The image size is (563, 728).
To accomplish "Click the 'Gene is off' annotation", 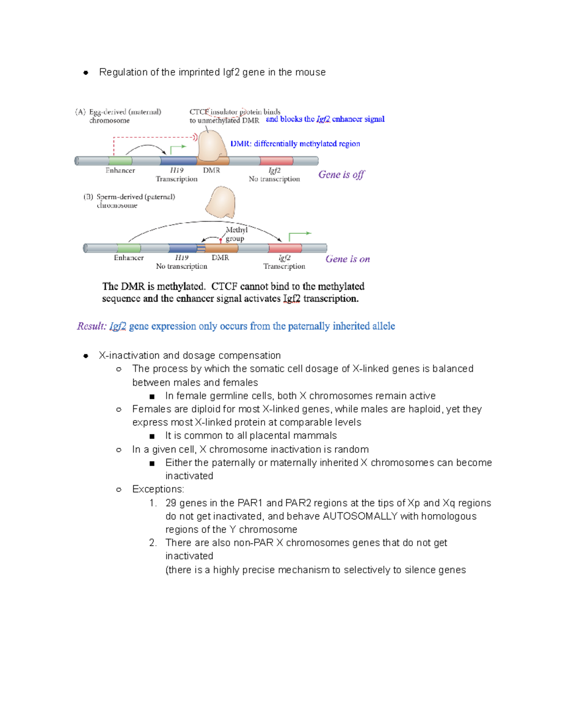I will [341, 175].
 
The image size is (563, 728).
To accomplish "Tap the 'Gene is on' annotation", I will [348, 259].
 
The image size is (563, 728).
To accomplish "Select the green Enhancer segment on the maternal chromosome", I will [121, 161].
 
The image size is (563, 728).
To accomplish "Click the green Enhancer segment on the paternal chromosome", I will [129, 248].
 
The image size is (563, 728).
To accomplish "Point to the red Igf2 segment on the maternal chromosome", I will [276, 161].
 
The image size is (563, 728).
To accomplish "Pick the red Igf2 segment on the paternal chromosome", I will [285, 248].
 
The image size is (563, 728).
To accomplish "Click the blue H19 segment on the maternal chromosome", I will [178, 161].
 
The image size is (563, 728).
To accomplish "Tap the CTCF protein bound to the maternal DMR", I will [212, 146].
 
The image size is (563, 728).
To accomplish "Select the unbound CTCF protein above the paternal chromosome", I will [221, 202].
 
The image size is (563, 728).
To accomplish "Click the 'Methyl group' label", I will [236, 234].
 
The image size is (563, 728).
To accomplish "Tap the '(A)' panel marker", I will [80, 112].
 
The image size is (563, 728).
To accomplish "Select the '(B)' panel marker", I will [88, 197].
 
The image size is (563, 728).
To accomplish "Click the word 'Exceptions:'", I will [158, 489].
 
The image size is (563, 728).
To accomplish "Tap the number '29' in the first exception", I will [171, 503].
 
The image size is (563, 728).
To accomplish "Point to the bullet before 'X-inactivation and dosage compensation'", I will [86, 356].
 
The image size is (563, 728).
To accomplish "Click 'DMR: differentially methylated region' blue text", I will [295, 144].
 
